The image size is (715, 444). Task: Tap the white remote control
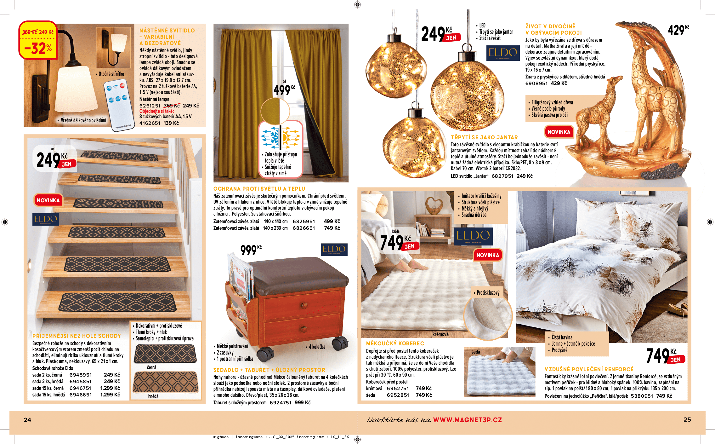click(119, 106)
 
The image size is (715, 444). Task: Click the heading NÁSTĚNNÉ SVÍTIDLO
click(167, 31)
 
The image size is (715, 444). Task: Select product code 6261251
click(150, 106)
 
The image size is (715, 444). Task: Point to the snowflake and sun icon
click(280, 137)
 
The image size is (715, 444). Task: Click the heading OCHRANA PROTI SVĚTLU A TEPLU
click(259, 189)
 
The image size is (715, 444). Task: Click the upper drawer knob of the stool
click(304, 305)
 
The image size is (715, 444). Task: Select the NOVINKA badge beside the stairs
click(48, 200)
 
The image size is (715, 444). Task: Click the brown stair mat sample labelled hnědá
click(165, 382)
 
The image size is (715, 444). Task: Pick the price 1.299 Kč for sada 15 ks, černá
click(110, 388)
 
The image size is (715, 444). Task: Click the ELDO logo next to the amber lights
click(503, 53)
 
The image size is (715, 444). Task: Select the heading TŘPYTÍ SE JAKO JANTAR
click(484, 137)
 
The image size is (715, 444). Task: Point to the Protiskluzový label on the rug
click(488, 293)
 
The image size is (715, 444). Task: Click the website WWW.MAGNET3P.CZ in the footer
click(467, 420)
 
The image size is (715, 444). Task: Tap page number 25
click(687, 420)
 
